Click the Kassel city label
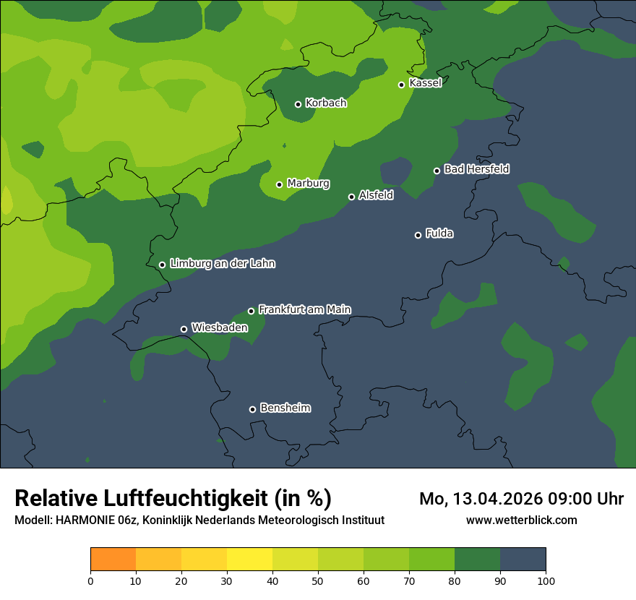[425, 83]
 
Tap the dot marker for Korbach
[298, 104]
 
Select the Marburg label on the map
[308, 184]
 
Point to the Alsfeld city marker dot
[351, 197]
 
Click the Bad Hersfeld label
[476, 169]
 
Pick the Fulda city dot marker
[418, 235]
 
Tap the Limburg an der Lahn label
[222, 264]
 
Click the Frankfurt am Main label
[304, 309]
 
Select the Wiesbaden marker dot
[184, 329]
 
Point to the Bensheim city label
[285, 408]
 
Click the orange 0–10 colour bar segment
[113, 560]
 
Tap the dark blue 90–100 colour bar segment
[523, 560]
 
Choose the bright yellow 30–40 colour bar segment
[249, 560]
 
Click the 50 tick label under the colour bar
[318, 580]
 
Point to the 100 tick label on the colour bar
[546, 580]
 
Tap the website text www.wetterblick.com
[522, 520]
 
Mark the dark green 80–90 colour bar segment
[477, 560]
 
